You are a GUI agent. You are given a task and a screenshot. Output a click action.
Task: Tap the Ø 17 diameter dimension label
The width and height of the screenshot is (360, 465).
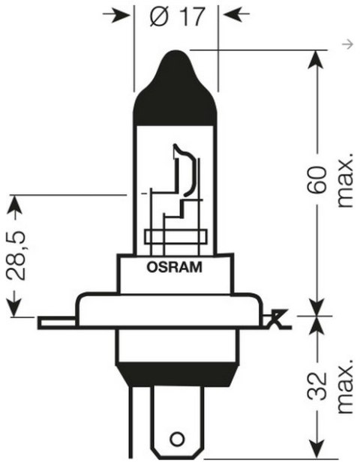pyautogui.click(x=177, y=16)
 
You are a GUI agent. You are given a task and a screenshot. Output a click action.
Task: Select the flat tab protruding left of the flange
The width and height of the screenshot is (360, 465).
pyautogui.click(x=56, y=322)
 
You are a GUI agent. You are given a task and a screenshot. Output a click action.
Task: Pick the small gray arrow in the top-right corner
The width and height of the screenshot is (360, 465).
pyautogui.click(x=346, y=46)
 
